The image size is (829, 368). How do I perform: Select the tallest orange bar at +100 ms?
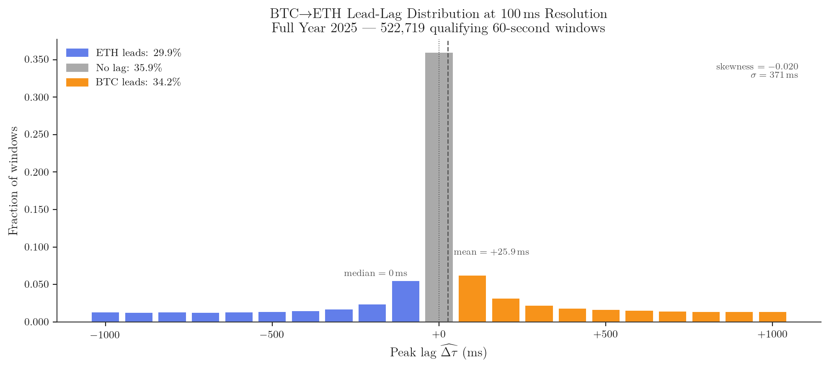pyautogui.click(x=472, y=299)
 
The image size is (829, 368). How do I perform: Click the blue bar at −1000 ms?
pyautogui.click(x=105, y=317)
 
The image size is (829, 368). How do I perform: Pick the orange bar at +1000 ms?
pyautogui.click(x=772, y=317)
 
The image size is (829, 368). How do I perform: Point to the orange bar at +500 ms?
pyautogui.click(x=606, y=316)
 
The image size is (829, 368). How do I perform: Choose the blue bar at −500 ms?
pyautogui.click(x=272, y=317)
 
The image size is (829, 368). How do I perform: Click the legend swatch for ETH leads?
pyautogui.click(x=77, y=53)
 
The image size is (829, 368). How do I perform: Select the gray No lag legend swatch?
pyautogui.click(x=77, y=68)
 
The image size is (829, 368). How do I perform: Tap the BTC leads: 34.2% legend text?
pyautogui.click(x=138, y=82)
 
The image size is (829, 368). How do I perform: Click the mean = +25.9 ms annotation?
pyautogui.click(x=491, y=252)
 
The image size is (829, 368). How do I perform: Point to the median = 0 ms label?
pyautogui.click(x=375, y=273)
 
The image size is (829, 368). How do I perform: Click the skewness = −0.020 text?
pyautogui.click(x=757, y=67)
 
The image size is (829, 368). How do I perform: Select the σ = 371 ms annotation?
pyautogui.click(x=774, y=76)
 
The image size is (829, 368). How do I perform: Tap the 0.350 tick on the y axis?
pyautogui.click(x=37, y=60)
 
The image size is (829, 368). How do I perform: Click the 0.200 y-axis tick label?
pyautogui.click(x=37, y=172)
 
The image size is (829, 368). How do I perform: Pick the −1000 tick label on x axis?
pyautogui.click(x=105, y=335)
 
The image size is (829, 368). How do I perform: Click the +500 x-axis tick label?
pyautogui.click(x=606, y=335)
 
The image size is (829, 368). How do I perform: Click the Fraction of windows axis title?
pyautogui.click(x=13, y=181)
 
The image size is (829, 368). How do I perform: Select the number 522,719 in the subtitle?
pyautogui.click(x=403, y=28)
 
